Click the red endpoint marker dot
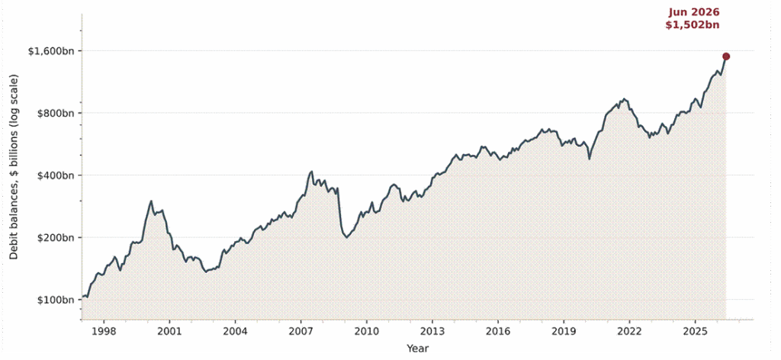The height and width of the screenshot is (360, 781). pyautogui.click(x=726, y=56)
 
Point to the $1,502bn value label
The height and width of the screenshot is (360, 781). pyautogui.click(x=693, y=25)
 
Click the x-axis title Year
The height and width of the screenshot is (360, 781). pyautogui.click(x=417, y=348)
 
